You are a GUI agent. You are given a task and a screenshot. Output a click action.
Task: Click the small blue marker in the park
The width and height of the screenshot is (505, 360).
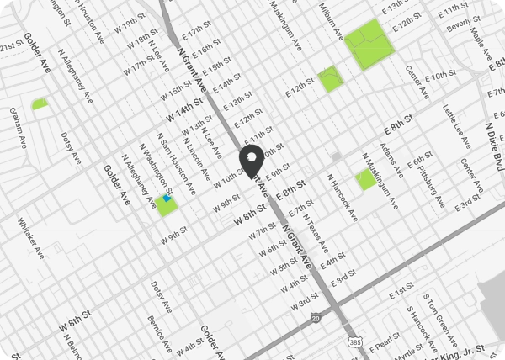click(x=167, y=199)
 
